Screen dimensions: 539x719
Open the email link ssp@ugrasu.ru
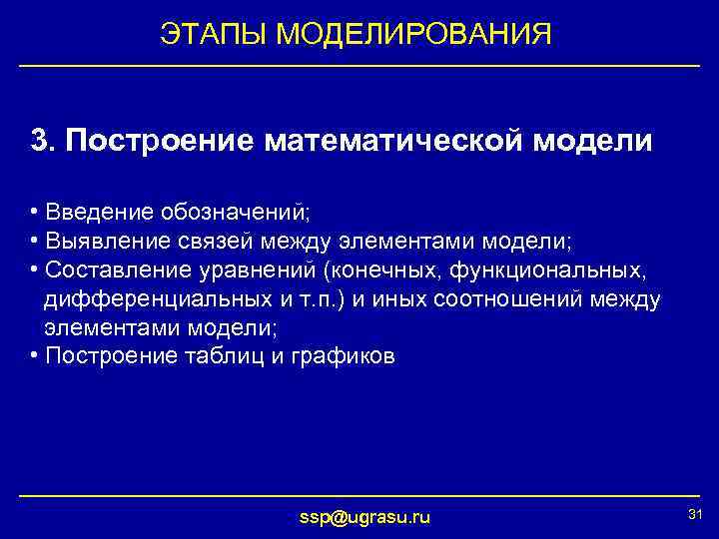pyautogui.click(x=365, y=516)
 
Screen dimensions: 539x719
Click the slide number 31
pyautogui.click(x=696, y=513)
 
